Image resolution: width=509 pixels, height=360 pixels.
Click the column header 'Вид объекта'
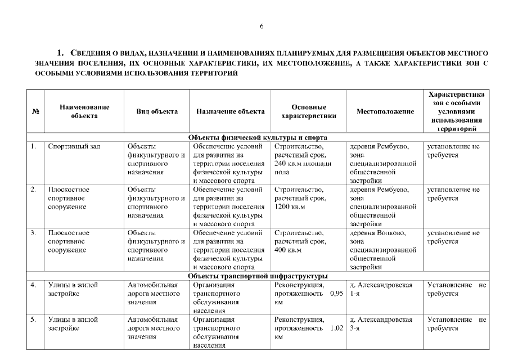point(157,111)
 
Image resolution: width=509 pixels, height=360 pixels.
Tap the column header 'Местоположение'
point(385,111)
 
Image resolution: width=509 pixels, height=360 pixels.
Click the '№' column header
point(35,111)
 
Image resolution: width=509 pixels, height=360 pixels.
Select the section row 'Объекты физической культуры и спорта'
point(258,137)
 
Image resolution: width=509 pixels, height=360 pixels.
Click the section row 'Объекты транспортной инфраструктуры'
point(258,276)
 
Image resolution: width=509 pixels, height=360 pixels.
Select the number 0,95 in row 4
point(336,294)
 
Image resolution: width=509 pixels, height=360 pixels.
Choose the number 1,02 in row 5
point(336,328)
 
